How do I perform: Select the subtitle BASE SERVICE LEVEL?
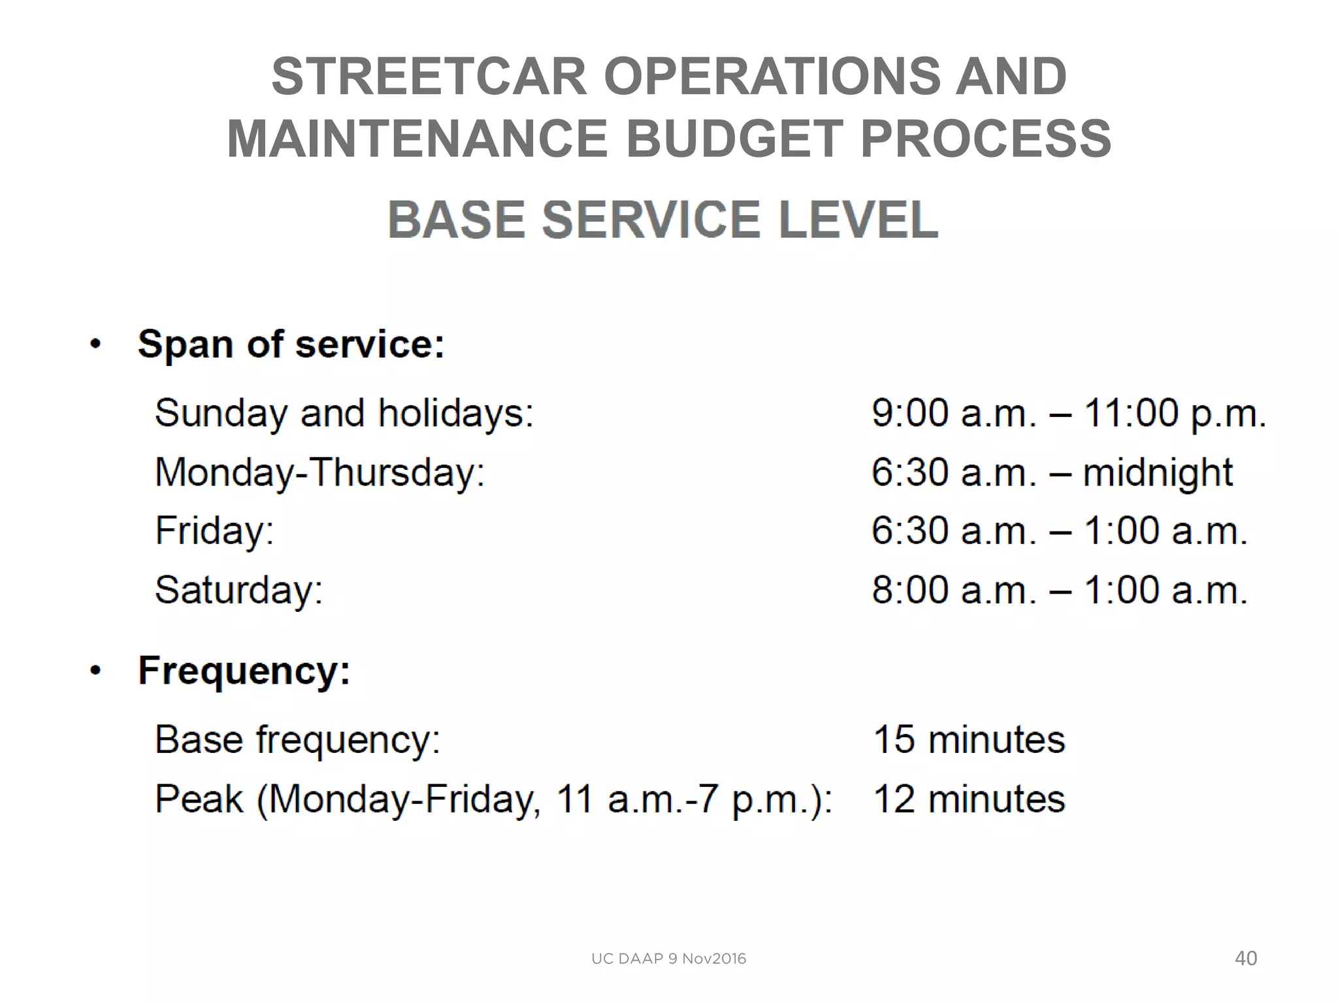click(x=662, y=220)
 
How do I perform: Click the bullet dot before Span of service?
click(x=96, y=344)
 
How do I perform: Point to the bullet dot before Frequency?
click(x=96, y=671)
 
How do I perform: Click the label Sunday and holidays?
click(x=344, y=413)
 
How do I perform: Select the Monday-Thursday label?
click(x=319, y=472)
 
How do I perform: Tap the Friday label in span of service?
click(x=214, y=530)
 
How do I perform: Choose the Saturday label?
click(x=238, y=590)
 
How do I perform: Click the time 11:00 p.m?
click(x=1175, y=413)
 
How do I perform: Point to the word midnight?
click(x=1157, y=472)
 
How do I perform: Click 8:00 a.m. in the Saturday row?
click(x=954, y=590)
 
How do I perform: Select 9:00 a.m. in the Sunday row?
click(x=954, y=413)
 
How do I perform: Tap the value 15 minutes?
click(x=969, y=739)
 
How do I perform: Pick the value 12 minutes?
click(x=969, y=799)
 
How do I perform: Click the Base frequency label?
click(x=297, y=739)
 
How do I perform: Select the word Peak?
click(x=199, y=799)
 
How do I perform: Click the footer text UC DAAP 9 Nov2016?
click(x=668, y=959)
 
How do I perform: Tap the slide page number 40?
click(x=1245, y=958)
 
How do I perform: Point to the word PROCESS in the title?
click(x=985, y=139)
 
